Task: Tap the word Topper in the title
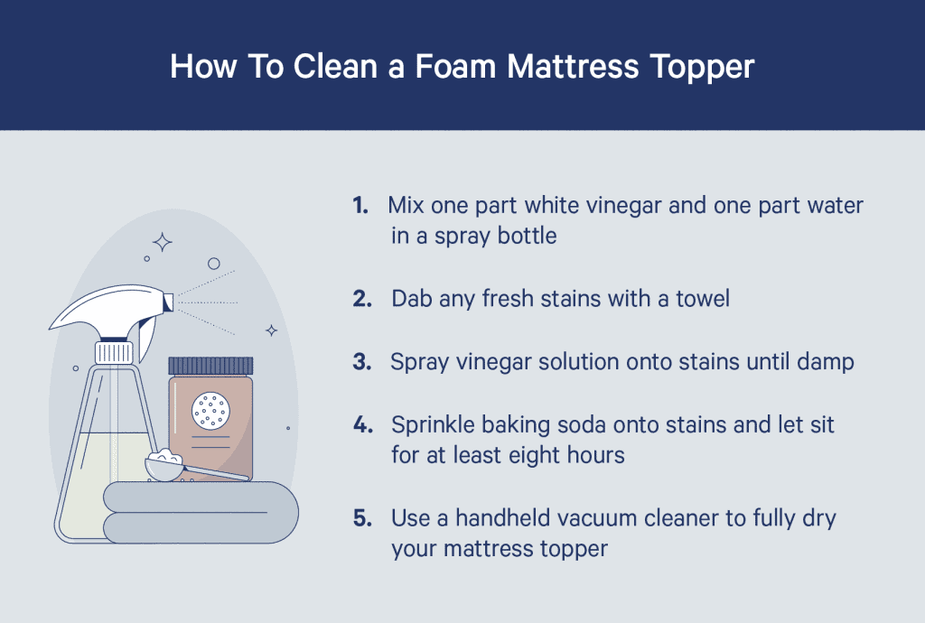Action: click(x=702, y=67)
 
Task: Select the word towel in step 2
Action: click(x=702, y=298)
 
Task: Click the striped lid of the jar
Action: click(x=210, y=366)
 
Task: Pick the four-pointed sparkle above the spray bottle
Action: click(x=163, y=241)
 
